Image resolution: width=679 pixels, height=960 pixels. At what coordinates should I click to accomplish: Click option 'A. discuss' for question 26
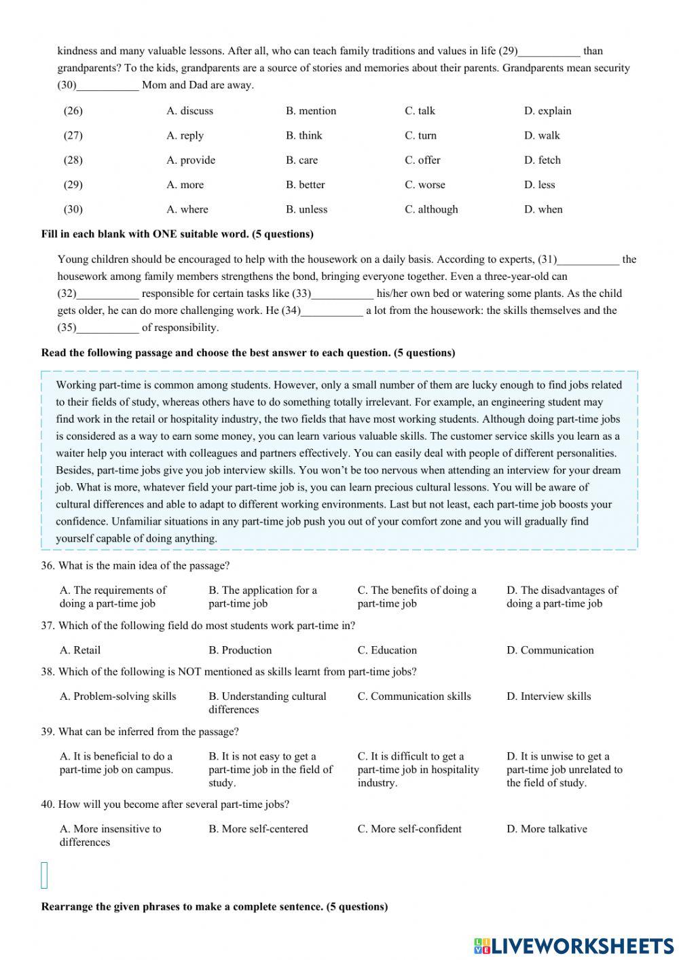(189, 111)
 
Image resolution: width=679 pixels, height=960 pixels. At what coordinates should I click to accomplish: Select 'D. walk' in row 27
(542, 135)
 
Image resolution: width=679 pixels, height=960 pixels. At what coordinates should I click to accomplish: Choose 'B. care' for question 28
(301, 160)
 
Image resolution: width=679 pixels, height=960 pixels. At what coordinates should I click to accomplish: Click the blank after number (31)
(588, 260)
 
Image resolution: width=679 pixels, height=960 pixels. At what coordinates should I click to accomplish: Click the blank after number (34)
(332, 311)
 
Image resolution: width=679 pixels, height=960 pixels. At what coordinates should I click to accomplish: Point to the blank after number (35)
(108, 328)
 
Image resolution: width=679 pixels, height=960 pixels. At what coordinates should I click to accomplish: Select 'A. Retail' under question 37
(80, 650)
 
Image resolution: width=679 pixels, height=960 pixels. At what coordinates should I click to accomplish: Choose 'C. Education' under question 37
(387, 650)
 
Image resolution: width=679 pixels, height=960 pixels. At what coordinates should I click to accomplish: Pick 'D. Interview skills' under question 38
(549, 696)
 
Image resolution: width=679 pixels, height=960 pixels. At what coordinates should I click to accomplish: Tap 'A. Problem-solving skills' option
(117, 696)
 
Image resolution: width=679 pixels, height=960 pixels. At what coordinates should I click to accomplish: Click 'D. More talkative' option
(547, 829)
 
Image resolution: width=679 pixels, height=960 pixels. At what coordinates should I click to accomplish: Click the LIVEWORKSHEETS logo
(574, 946)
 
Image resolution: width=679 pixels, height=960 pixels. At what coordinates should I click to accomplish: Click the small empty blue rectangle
(45, 875)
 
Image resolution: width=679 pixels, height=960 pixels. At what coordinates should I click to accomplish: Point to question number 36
(48, 566)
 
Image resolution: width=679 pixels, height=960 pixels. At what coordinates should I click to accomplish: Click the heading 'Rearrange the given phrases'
(214, 907)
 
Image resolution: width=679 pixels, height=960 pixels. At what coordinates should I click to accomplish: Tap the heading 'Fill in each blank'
(177, 234)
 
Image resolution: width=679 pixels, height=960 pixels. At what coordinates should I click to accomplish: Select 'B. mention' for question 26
(311, 111)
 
